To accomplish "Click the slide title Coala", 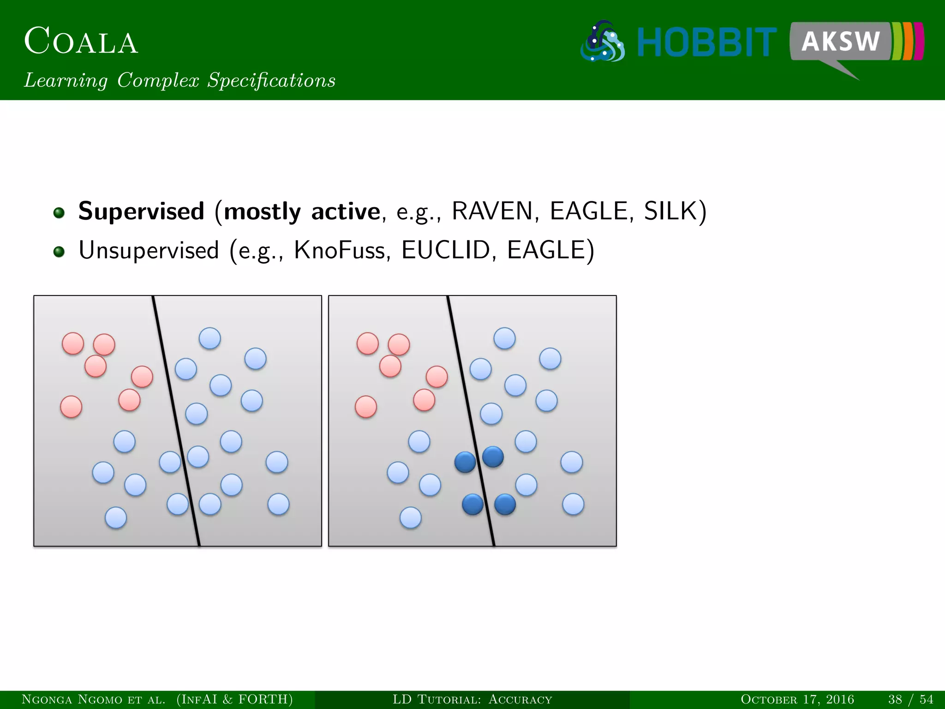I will pyautogui.click(x=81, y=42).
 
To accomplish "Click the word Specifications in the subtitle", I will pyautogui.click(x=271, y=80).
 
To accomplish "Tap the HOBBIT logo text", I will pyautogui.click(x=706, y=42).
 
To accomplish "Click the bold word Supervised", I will pyautogui.click(x=141, y=211).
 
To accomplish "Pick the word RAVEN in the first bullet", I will pyautogui.click(x=492, y=211).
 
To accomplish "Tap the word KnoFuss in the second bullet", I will pyautogui.click(x=339, y=251).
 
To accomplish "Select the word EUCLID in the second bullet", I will pyautogui.click(x=445, y=251).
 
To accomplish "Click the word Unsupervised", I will pyautogui.click(x=149, y=251).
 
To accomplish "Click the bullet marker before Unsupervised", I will pyautogui.click(x=59, y=252).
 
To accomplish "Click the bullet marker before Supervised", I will pyautogui.click(x=59, y=213).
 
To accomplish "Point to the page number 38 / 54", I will pyautogui.click(x=910, y=699).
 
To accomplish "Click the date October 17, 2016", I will pyautogui.click(x=797, y=699).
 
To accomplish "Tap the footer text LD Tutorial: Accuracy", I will pyautogui.click(x=472, y=699).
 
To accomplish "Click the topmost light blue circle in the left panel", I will pyautogui.click(x=210, y=338).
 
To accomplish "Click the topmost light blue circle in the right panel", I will pyautogui.click(x=504, y=338).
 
